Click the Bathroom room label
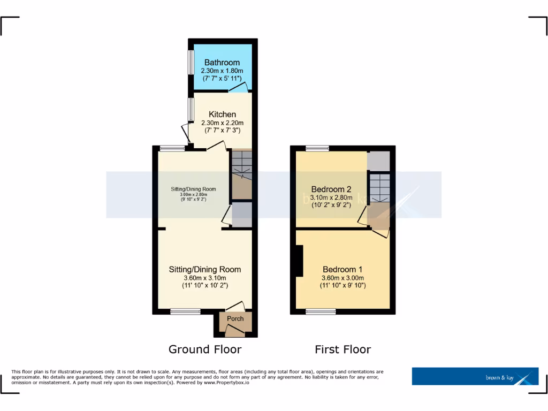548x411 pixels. (222, 63)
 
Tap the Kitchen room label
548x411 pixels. (222, 115)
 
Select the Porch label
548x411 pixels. (235, 319)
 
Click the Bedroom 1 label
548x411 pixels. (342, 269)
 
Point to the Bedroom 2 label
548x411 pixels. (331, 189)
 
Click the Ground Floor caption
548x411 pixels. (205, 349)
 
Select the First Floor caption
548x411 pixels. (342, 349)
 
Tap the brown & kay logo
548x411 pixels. (475, 376)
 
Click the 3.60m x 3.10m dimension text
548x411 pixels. (204, 278)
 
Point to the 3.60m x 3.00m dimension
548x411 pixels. (342, 278)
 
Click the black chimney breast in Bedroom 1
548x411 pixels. (300, 261)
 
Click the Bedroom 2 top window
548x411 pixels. (317, 149)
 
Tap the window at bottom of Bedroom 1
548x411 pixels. (321, 311)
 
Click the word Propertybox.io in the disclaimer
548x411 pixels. (232, 383)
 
